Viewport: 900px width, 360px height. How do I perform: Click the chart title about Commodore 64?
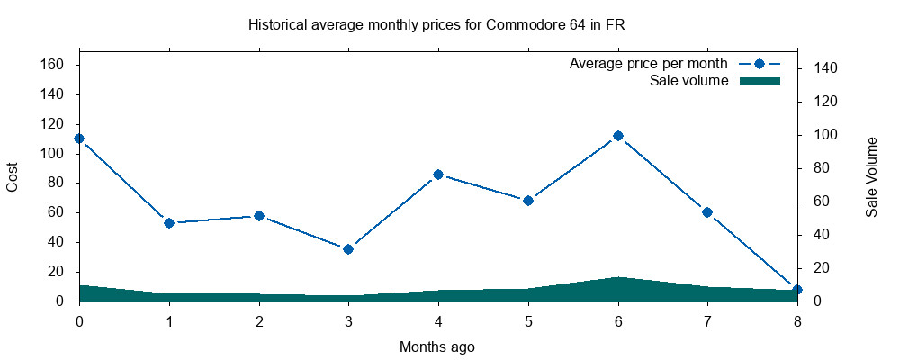coord(436,25)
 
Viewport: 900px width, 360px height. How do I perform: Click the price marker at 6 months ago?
coord(618,136)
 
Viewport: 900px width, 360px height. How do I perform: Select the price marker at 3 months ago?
coord(348,248)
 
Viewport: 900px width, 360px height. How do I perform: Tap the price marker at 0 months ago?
coord(79,139)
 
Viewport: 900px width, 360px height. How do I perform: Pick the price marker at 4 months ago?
coord(438,175)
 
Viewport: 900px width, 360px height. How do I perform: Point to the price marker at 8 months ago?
coord(796,290)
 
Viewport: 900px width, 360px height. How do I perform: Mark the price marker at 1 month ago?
coord(169,222)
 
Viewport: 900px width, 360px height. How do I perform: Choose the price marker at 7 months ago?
coord(707,212)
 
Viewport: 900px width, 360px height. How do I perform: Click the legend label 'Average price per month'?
coord(648,65)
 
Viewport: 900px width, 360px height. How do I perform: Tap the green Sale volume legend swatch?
coord(759,81)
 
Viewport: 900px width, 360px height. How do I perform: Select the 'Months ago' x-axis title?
coord(436,346)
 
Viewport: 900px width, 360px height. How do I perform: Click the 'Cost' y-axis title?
coord(13,176)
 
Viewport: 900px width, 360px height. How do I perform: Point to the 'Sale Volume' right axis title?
coord(871,176)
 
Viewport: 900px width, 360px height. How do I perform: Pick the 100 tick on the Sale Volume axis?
coord(825,135)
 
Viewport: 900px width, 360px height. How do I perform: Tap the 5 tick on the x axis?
coord(528,320)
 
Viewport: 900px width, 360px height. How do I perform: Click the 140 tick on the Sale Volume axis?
coord(825,68)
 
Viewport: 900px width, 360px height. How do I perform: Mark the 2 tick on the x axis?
coord(259,320)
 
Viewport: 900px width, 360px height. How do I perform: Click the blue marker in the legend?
coord(759,65)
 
